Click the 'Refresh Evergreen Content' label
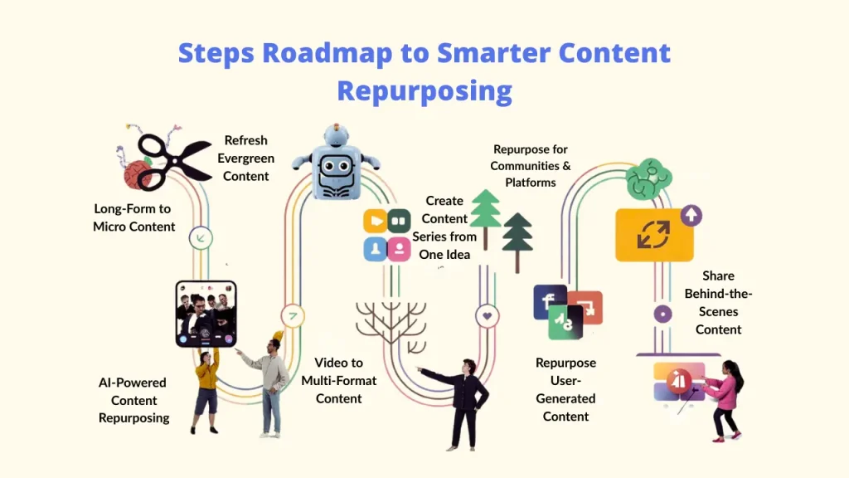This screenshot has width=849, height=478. click(246, 158)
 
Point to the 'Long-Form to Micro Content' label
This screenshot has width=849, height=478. click(134, 217)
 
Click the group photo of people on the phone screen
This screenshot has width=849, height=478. click(206, 312)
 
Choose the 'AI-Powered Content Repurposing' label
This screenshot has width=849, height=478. click(133, 400)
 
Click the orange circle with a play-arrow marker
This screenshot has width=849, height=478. click(292, 315)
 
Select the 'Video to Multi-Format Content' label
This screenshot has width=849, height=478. click(338, 381)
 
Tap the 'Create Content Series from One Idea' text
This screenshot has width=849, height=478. click(444, 227)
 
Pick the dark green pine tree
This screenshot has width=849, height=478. click(517, 237)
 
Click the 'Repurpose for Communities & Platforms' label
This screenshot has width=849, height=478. click(531, 165)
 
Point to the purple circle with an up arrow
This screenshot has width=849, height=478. click(691, 217)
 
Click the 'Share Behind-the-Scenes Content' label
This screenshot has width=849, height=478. click(718, 302)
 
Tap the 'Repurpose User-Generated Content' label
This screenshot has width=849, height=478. click(565, 390)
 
